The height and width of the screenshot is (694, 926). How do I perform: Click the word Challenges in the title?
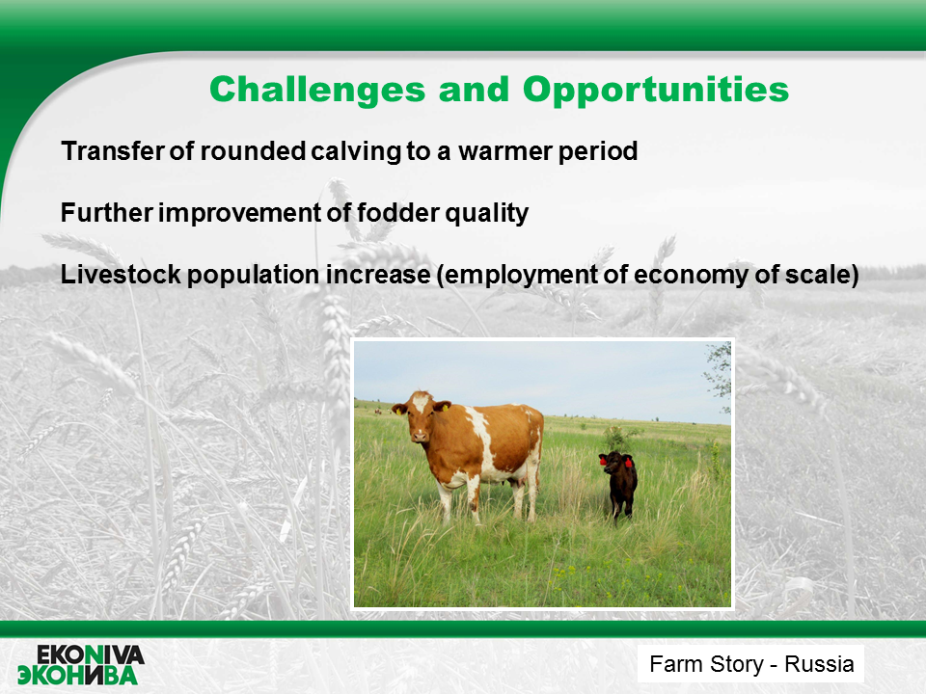click(x=317, y=91)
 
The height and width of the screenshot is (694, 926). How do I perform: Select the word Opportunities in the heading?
click(x=656, y=91)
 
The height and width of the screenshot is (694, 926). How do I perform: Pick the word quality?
click(x=486, y=214)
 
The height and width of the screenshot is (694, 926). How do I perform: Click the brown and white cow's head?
click(x=420, y=416)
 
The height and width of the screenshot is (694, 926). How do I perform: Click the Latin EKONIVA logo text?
click(x=91, y=655)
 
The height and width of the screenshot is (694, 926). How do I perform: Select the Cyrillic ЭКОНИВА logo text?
click(x=77, y=675)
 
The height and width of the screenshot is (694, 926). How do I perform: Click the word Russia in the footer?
click(x=819, y=664)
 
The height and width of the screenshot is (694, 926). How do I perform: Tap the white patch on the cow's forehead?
click(x=421, y=403)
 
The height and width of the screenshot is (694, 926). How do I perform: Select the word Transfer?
click(x=113, y=151)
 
